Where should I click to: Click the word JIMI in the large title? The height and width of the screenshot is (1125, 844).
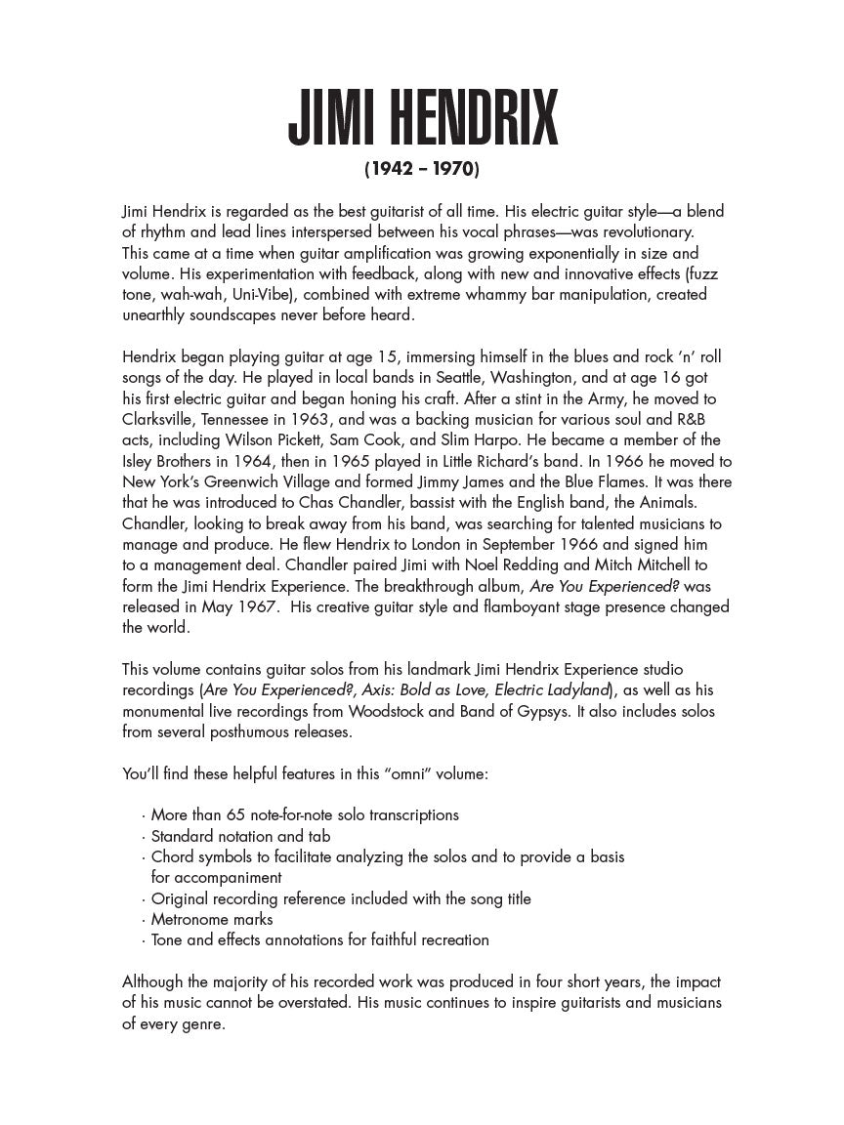point(333,119)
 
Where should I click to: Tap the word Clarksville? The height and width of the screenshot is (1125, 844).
point(161,419)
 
